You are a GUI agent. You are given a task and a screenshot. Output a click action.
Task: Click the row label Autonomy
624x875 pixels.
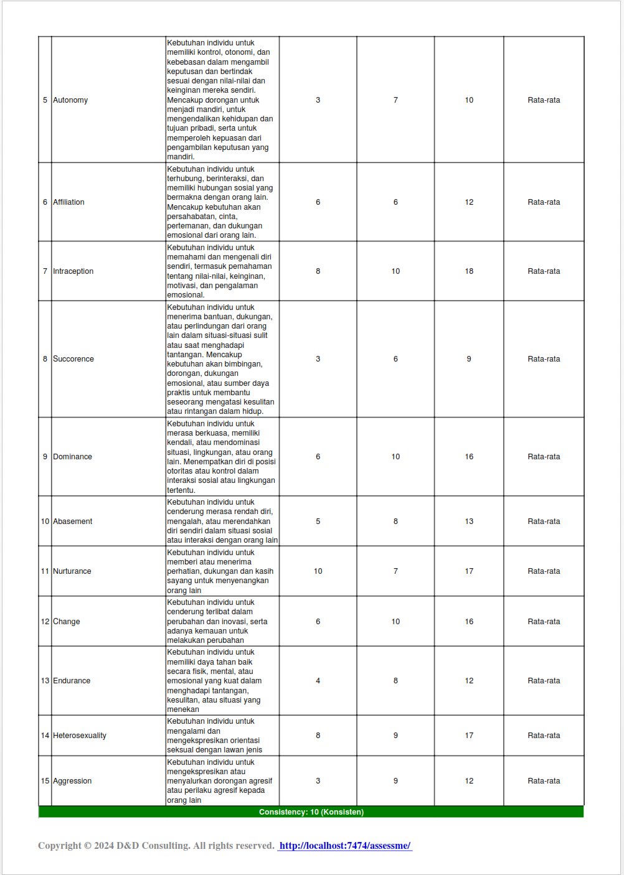70,100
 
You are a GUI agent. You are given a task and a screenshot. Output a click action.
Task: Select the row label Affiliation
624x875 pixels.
69,202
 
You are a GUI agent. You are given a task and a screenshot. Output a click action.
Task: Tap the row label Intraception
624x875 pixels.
73,271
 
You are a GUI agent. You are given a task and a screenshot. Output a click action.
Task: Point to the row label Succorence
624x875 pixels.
73,359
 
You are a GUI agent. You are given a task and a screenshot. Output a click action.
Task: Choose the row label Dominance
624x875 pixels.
72,457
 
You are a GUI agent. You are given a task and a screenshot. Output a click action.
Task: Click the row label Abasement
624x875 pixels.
72,522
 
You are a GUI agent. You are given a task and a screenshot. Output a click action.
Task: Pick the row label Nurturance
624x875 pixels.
72,571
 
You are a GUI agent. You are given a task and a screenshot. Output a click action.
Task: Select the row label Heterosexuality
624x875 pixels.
79,736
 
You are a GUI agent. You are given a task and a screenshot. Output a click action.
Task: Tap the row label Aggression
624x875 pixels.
72,781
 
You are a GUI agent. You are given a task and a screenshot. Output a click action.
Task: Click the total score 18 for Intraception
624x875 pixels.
469,271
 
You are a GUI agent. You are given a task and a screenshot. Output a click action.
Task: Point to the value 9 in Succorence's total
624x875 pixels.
469,359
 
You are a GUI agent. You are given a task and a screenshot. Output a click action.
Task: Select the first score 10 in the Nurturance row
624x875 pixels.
318,571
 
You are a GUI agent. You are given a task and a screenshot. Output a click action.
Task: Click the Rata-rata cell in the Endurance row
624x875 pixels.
544,681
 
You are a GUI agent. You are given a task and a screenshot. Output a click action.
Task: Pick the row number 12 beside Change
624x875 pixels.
45,622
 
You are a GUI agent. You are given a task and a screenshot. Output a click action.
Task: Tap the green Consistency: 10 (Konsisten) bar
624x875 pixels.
311,812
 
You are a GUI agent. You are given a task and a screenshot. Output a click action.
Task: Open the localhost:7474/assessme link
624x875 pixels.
344,846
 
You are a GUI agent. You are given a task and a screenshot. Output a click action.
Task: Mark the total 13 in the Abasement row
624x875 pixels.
469,522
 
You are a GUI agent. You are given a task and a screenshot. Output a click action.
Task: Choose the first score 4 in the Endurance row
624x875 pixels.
318,681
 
